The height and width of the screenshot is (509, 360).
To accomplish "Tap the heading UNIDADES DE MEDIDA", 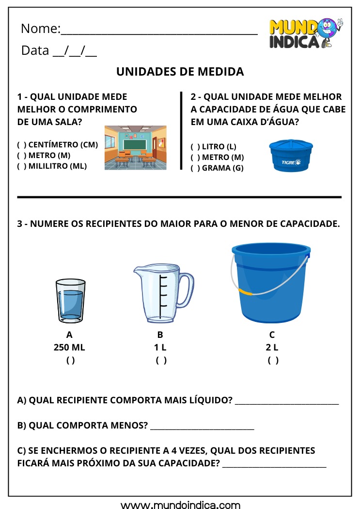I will coord(180,72).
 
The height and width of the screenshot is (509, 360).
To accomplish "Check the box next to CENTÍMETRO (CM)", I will coord(22,144).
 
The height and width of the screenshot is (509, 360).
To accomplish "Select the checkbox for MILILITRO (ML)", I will coord(22,166).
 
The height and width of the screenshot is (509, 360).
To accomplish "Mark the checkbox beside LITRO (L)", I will coord(195,146).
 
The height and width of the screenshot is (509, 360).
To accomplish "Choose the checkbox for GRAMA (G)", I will coord(195,168).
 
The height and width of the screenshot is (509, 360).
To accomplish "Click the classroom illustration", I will coord(135,147).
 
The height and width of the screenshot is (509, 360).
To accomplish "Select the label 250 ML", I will coord(69,348).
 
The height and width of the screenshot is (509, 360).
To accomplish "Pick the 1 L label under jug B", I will coord(160,348).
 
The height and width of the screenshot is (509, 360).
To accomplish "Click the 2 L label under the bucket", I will coord(272,348).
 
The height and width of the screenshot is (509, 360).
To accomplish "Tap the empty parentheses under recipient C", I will coord(273,360).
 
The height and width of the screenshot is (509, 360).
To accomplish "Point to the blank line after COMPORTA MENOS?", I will coord(202,428).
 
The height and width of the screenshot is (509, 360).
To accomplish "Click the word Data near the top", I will coord(35,50).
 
